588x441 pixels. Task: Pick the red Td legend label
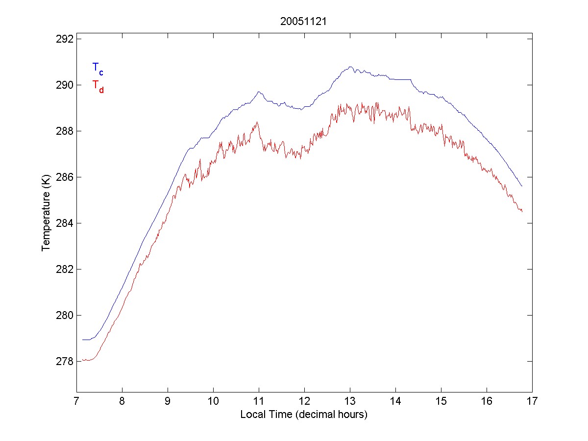pos(98,86)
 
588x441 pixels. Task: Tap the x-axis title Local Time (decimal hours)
pos(304,415)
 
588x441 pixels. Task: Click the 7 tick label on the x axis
pos(76,402)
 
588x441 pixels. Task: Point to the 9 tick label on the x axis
pos(168,402)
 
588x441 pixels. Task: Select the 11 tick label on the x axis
pos(259,402)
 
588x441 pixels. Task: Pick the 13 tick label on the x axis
pos(350,402)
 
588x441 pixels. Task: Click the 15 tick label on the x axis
pos(441,402)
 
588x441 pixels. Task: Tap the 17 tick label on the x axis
pos(532,402)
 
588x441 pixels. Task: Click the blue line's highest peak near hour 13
pos(350,67)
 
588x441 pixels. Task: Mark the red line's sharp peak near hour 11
pos(257,122)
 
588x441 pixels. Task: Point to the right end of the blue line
pos(522,186)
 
